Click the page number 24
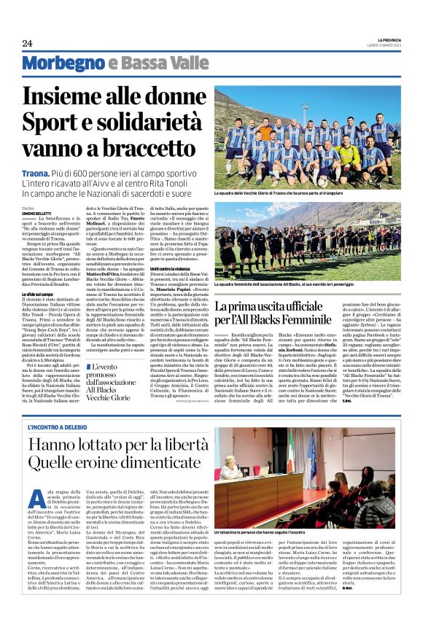coord(27,44)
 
